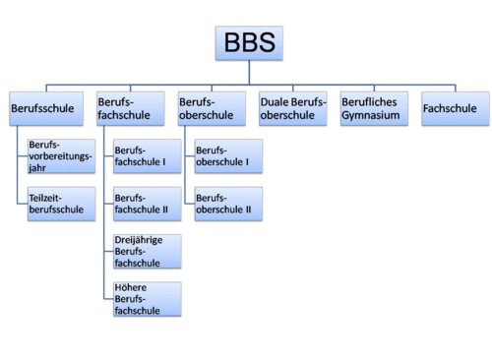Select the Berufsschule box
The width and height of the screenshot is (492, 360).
(x=43, y=107)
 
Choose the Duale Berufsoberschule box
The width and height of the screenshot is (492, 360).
(x=292, y=107)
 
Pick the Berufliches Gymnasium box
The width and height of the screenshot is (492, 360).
(x=374, y=107)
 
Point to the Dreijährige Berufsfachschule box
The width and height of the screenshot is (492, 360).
(x=147, y=251)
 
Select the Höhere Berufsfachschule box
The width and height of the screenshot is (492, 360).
(x=147, y=298)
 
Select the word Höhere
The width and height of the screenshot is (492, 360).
(x=130, y=287)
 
